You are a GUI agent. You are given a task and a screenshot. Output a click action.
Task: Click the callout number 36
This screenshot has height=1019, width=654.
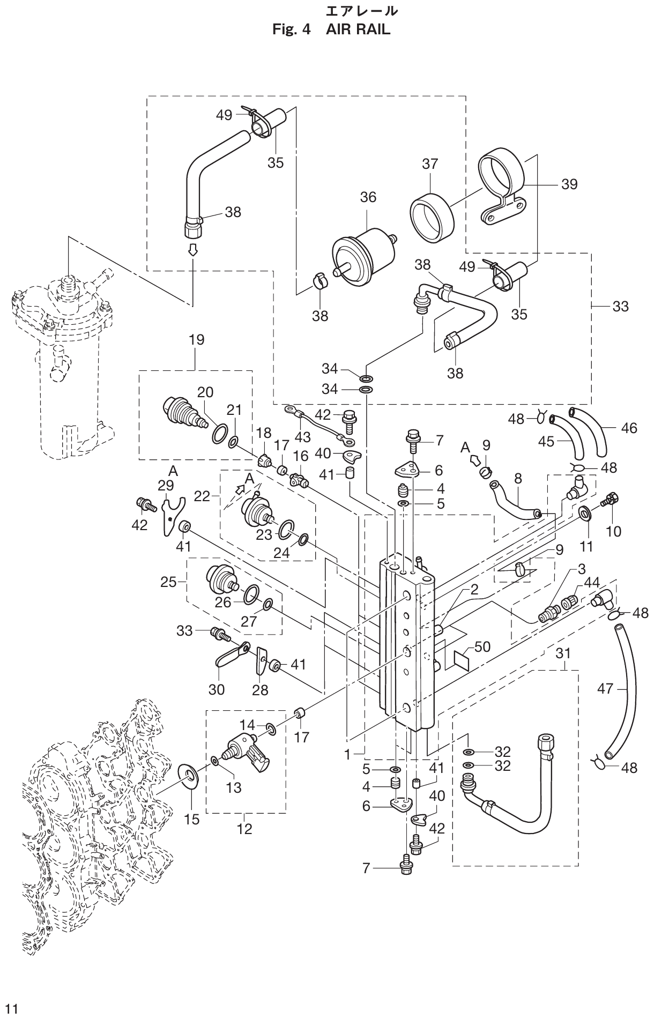click(368, 197)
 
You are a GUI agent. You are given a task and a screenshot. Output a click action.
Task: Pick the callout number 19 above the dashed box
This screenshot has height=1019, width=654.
click(196, 340)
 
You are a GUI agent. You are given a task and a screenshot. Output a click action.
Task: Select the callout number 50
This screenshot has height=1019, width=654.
click(482, 646)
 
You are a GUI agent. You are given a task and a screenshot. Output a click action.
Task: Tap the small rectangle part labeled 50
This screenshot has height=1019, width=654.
click(463, 658)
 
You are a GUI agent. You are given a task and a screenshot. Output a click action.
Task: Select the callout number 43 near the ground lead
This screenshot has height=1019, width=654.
click(302, 437)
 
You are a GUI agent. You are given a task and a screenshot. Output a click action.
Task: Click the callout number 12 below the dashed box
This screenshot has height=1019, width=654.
click(244, 829)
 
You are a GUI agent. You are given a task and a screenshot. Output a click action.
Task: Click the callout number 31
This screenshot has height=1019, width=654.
click(562, 653)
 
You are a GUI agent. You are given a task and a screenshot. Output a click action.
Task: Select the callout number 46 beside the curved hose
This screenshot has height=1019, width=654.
click(629, 428)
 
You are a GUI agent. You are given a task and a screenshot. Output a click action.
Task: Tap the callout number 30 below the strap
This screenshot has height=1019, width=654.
click(217, 689)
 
